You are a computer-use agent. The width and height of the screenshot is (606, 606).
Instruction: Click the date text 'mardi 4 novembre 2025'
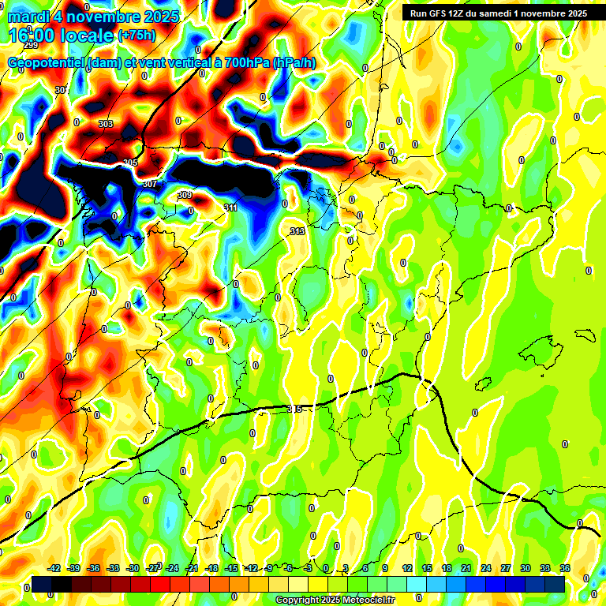93,16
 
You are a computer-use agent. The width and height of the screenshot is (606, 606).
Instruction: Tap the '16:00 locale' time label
62,35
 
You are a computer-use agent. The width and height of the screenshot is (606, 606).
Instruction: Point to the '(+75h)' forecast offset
137,35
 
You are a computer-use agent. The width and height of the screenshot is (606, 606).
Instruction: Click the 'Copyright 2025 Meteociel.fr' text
335,600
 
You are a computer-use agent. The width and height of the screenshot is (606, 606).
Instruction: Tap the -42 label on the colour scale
54,568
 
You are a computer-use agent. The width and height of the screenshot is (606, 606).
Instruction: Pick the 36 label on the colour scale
565,568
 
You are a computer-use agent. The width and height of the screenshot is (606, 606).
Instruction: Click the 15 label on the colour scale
427,568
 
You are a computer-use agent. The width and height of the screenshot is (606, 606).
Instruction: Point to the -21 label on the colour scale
192,568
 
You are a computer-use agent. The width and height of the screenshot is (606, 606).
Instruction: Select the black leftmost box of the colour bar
42,584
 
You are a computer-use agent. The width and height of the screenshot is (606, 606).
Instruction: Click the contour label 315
295,409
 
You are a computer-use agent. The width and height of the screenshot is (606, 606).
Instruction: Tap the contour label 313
297,231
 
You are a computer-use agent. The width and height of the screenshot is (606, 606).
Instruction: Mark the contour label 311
230,208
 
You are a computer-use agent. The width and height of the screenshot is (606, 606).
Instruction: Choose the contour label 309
185,195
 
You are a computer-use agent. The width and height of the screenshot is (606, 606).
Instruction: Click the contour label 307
149,184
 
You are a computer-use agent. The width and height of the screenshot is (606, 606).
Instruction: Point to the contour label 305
130,163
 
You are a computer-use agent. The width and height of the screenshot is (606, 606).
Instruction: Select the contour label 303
106,124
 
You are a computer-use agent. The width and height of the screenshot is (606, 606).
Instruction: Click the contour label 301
61,90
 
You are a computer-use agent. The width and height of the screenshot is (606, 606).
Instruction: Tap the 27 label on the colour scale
506,568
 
